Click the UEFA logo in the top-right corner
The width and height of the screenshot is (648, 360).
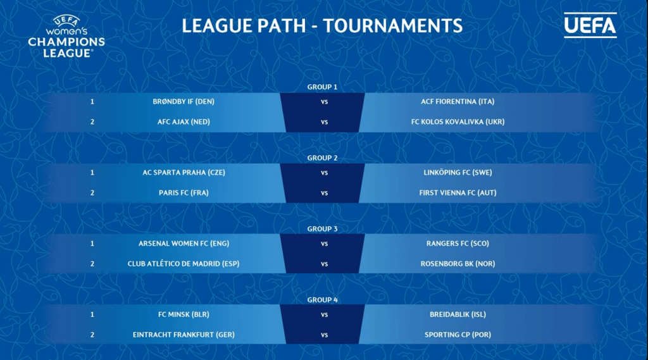[590, 25]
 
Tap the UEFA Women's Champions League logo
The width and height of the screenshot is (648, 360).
[66, 37]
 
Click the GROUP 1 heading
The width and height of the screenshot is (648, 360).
[322, 87]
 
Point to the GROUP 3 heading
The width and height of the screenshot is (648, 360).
[322, 228]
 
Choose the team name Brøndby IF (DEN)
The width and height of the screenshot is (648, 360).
[184, 101]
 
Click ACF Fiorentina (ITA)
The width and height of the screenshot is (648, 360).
[458, 101]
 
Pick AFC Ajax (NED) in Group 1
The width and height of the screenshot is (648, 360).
[184, 121]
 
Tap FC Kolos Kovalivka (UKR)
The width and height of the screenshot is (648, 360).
[458, 121]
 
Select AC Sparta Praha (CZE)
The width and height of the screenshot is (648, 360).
[184, 172]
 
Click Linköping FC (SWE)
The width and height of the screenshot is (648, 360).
[458, 172]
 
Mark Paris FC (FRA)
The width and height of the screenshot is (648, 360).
[184, 192]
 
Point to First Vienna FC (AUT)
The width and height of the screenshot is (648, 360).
[458, 192]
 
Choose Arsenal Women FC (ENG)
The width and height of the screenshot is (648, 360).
[184, 244]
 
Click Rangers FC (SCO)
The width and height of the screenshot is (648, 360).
[458, 244]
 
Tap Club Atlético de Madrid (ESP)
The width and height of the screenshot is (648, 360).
[184, 264]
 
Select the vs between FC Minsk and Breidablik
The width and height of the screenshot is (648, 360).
[324, 314]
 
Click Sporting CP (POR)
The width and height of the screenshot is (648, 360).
[458, 335]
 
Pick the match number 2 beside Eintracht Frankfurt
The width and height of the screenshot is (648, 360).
[92, 335]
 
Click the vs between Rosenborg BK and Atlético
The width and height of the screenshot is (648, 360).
[324, 264]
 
